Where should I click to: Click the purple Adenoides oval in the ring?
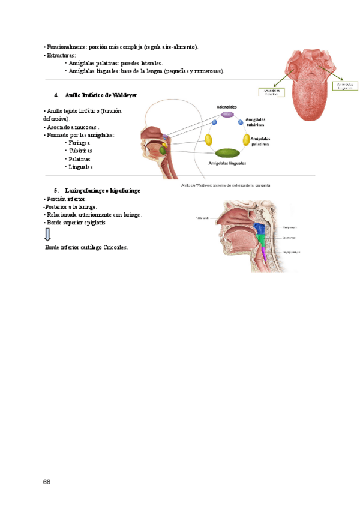pos(227,115)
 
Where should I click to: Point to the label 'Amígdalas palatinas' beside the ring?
pos(264,141)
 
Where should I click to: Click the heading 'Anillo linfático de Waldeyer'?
pos(101,95)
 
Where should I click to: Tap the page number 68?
pos(47,482)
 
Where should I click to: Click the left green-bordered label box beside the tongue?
pos(271,92)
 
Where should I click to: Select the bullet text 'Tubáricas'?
pos(80,151)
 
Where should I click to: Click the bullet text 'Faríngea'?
pos(79,143)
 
